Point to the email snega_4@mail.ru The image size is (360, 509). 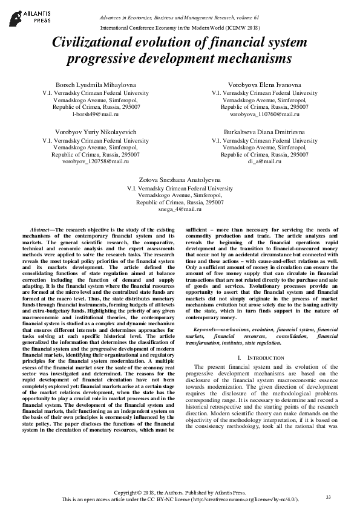click(x=180, y=208)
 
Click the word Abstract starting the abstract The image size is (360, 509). click(x=41, y=230)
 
